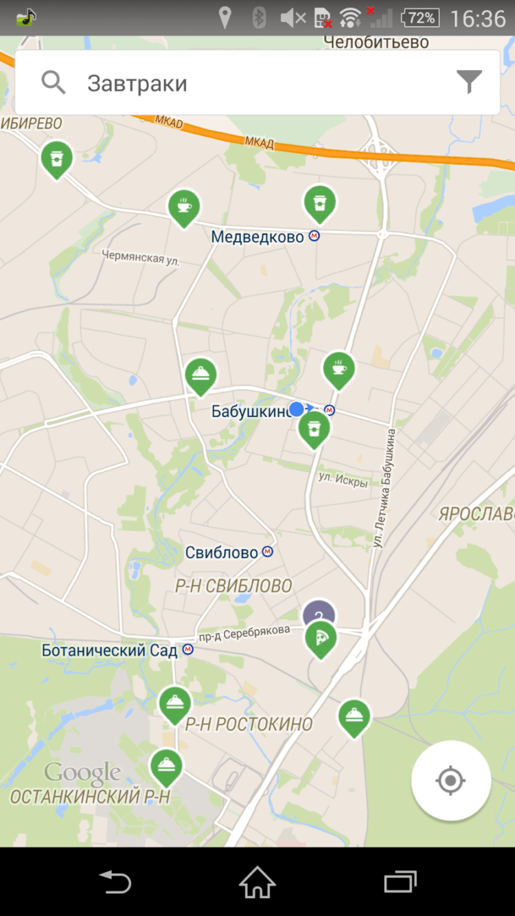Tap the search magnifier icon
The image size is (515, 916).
tap(53, 83)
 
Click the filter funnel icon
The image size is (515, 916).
tap(470, 82)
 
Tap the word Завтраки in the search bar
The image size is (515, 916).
tap(137, 84)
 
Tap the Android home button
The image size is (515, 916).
tap(257, 881)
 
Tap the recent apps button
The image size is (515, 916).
tap(400, 881)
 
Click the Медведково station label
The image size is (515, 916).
tap(257, 237)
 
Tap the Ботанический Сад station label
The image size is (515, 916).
tap(110, 650)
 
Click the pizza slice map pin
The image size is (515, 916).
tap(321, 638)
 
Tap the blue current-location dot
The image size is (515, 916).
tap(296, 410)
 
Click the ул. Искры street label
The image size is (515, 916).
tap(343, 479)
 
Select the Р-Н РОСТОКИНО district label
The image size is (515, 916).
tap(249, 724)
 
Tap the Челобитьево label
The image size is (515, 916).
tap(376, 42)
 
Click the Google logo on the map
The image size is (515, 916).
tap(82, 772)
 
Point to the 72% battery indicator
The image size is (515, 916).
tap(420, 18)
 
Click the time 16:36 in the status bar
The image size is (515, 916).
tap(477, 18)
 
